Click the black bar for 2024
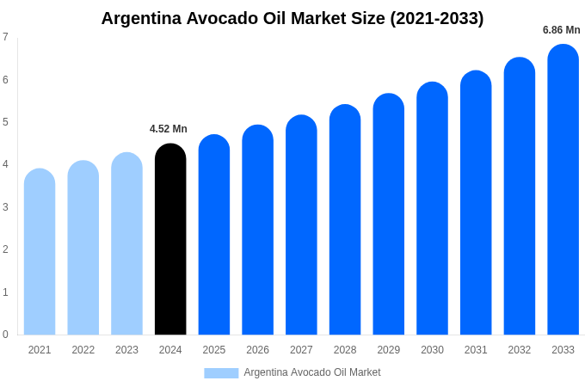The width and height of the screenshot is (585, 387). click(x=170, y=241)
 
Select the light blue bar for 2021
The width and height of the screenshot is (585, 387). click(x=40, y=254)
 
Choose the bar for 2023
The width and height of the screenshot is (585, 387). click(x=126, y=245)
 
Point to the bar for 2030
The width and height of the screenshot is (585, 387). click(x=432, y=210)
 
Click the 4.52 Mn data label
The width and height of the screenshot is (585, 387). click(x=169, y=129)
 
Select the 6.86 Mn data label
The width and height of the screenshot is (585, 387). click(x=561, y=30)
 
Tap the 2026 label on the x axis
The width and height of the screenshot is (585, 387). click(x=257, y=350)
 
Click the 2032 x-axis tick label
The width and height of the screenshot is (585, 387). click(x=520, y=350)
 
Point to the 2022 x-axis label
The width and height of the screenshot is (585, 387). click(x=83, y=350)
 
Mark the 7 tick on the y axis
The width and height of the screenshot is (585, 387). click(x=5, y=37)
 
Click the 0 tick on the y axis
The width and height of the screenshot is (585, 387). click(x=5, y=335)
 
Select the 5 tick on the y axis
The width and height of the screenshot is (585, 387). click(x=5, y=122)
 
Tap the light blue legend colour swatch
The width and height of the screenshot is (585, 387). click(x=221, y=373)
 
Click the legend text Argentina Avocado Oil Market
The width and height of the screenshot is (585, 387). click(x=312, y=372)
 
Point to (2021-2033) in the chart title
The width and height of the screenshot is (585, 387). click(x=437, y=18)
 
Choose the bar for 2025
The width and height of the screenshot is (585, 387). click(x=214, y=236)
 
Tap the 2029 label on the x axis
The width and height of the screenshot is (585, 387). click(x=389, y=350)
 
